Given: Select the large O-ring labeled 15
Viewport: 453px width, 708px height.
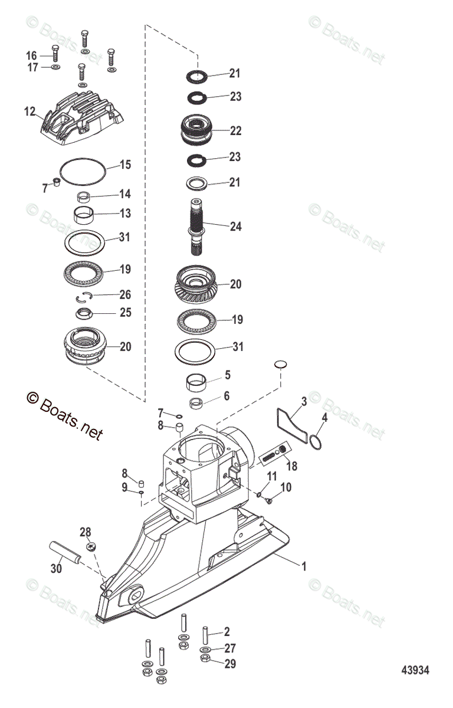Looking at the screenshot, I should click(84, 172).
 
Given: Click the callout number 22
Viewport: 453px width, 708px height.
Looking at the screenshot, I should click(236, 131).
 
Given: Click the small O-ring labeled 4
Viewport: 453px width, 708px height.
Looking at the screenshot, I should click(316, 442).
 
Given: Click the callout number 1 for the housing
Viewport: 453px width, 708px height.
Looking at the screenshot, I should click(304, 567).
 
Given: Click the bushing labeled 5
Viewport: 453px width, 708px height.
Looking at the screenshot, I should click(198, 383).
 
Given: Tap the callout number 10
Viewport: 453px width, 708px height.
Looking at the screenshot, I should click(285, 487).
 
